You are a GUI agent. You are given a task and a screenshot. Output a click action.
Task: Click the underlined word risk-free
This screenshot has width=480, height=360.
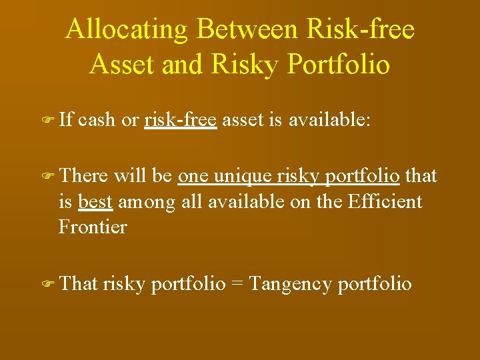[x=181, y=121]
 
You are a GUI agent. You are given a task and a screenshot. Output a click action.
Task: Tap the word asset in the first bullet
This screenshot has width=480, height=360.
[x=244, y=121]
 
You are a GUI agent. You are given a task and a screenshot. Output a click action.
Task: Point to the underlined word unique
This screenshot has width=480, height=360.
[x=240, y=176]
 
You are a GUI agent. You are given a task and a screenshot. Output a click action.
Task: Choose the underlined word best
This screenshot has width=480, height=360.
[x=95, y=201]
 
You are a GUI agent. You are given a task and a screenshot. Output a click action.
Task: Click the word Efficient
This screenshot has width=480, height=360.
[x=385, y=201]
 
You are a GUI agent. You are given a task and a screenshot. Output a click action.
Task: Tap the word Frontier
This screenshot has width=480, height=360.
[x=93, y=227]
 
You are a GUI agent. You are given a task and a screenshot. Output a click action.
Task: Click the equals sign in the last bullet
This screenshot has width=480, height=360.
[x=236, y=285]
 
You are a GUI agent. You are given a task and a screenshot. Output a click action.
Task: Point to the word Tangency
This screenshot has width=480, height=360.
[x=290, y=285]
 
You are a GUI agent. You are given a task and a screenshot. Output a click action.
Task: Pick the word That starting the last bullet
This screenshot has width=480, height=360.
[x=79, y=284]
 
